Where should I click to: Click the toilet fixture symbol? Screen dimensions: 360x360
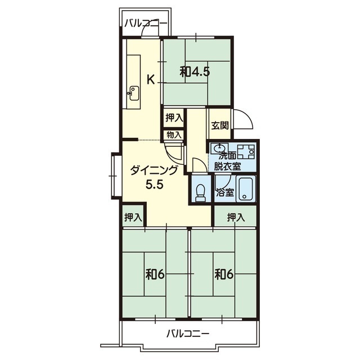tap(201, 192)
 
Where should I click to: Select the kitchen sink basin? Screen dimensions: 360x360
tap(134, 93)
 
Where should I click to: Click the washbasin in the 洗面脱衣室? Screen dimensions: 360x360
tap(220, 148)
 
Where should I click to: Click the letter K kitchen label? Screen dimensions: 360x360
tap(151, 80)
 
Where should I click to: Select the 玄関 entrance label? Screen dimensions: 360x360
tap(220, 125)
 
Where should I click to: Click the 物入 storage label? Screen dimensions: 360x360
tap(174, 135)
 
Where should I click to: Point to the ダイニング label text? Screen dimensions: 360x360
tap(154, 170)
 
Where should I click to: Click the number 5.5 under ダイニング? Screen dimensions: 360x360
tap(154, 184)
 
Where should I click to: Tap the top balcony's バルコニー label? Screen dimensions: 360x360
tap(146, 23)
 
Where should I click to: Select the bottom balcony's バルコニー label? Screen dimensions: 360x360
tap(188, 334)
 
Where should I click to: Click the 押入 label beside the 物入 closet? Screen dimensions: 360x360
tap(174, 118)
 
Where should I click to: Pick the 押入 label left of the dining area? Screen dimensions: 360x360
tap(133, 217)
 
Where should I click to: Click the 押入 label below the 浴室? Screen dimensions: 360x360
tap(236, 217)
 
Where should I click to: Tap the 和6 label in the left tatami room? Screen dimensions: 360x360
tap(155, 274)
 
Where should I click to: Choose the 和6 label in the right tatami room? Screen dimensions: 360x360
tap(224, 274)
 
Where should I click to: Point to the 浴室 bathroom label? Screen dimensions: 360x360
tap(225, 193)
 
